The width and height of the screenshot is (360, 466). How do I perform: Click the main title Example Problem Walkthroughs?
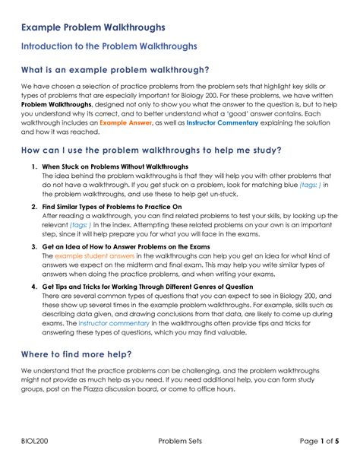(x=93, y=27)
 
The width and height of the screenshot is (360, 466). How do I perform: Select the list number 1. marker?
(x=35, y=166)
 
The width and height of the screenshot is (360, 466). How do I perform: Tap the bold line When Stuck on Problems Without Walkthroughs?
(x=115, y=166)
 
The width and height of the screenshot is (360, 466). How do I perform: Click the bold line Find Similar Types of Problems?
(x=112, y=206)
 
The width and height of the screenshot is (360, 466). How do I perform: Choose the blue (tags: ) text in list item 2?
(x=89, y=226)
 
